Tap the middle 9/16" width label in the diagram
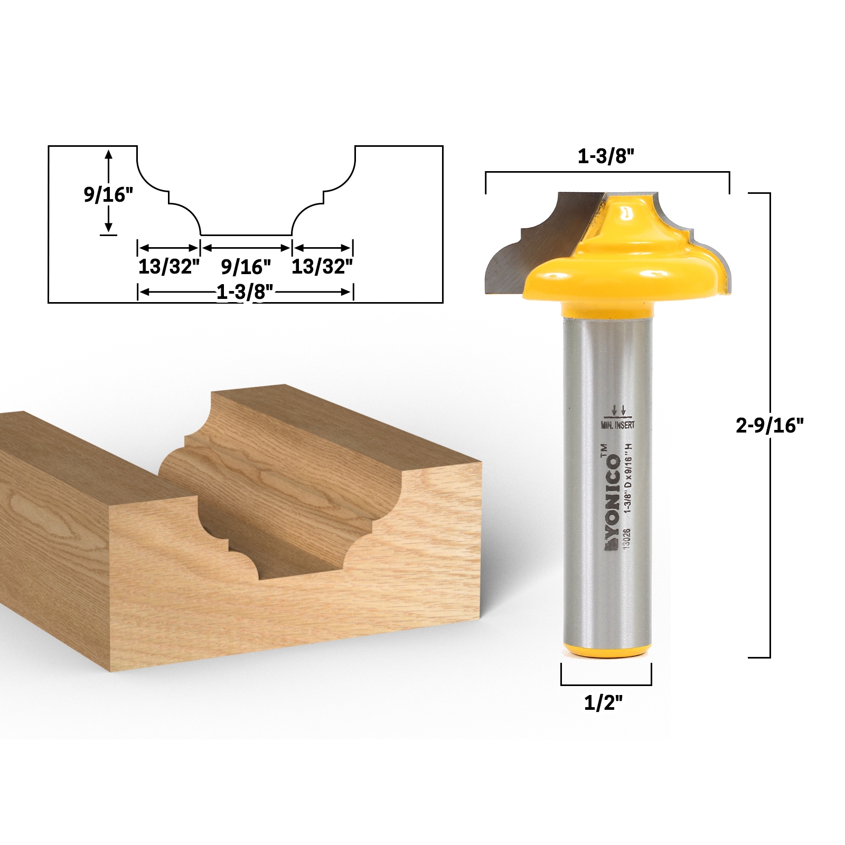[x=246, y=267]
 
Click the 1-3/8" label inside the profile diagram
[x=245, y=292]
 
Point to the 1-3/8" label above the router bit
[x=606, y=157]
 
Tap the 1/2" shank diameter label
[x=604, y=703]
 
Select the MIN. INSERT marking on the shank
[x=617, y=425]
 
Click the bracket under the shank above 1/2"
[x=606, y=683]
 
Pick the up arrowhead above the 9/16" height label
[x=109, y=154]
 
